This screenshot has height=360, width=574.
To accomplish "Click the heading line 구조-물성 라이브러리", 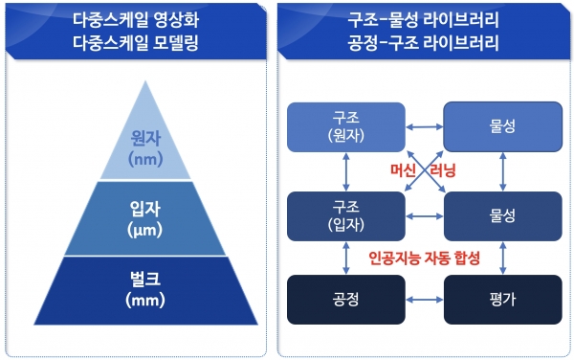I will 422,20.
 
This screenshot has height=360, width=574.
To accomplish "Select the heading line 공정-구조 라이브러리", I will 422,42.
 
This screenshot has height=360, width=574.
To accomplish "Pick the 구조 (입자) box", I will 342,214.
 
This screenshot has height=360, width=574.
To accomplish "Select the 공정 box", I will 342,301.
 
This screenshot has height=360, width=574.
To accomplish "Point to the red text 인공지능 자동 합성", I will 424,259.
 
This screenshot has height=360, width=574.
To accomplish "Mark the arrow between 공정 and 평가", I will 422,301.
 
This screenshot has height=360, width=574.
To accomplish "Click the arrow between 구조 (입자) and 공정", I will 342,259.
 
